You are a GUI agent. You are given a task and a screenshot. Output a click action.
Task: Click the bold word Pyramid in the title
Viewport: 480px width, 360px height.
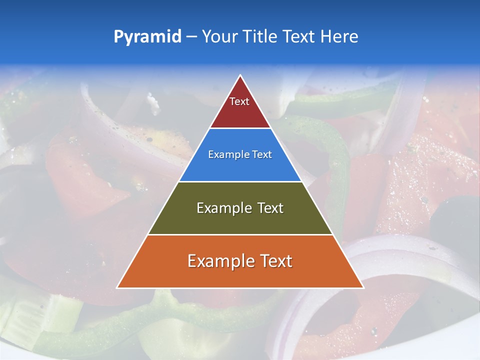coord(147,37)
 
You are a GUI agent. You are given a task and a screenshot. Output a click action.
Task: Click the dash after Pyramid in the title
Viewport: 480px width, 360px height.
coord(191,37)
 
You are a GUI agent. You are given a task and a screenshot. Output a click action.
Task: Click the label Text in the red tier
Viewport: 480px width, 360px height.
coord(239,101)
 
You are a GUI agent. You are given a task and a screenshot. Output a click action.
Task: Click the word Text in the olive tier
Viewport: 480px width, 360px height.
coord(270,208)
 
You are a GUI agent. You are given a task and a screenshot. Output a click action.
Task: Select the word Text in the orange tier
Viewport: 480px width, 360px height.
coord(276,261)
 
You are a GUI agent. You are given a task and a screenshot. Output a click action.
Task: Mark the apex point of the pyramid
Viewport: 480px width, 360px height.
coord(240,75)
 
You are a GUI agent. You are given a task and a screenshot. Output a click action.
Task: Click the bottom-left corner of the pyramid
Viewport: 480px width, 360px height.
coord(117,287)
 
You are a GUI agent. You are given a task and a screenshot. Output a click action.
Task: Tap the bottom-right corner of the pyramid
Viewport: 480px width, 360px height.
coord(363,287)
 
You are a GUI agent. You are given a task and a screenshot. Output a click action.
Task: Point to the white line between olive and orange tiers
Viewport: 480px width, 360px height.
coord(240,234)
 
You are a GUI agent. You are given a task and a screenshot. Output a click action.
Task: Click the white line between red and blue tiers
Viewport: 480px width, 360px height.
coord(240,128)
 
